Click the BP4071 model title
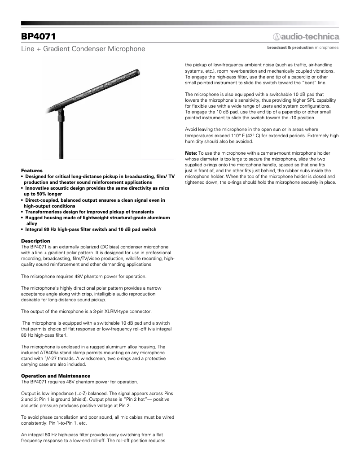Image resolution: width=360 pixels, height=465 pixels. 38,36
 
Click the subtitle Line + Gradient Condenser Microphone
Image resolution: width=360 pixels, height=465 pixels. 83,48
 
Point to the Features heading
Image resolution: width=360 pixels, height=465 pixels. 32,171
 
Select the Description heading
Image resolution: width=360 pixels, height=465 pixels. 35,241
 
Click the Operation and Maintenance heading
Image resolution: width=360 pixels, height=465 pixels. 56,376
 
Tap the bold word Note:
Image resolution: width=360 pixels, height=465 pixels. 191,153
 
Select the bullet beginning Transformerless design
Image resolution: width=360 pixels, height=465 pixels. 89,212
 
